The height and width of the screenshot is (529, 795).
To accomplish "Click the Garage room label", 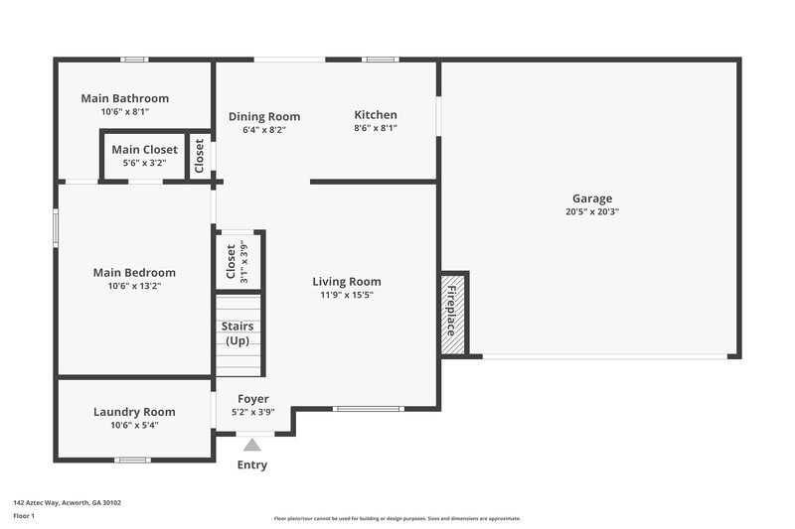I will pyautogui.click(x=591, y=198).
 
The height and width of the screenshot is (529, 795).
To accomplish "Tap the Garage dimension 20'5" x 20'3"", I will pyautogui.click(x=591, y=211).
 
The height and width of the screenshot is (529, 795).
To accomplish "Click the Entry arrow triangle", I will pyautogui.click(x=252, y=445).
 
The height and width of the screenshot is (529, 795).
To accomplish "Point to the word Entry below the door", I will pyautogui.click(x=252, y=464).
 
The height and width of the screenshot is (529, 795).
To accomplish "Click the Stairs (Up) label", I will pyautogui.click(x=238, y=333).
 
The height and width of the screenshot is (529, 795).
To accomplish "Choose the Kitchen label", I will pyautogui.click(x=376, y=115).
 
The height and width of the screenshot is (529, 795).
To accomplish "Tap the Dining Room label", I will pyautogui.click(x=264, y=116).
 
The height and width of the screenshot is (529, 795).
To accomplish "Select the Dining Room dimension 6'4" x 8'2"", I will pyautogui.click(x=264, y=129).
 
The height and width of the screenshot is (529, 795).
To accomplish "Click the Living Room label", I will pyautogui.click(x=347, y=281).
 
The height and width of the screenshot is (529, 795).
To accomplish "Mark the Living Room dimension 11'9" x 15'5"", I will pyautogui.click(x=347, y=295).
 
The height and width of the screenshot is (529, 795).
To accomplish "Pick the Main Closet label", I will pyautogui.click(x=144, y=150).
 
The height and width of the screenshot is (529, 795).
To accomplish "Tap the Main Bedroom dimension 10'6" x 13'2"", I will pyautogui.click(x=134, y=286).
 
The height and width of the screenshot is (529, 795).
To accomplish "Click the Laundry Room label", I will pyautogui.click(x=134, y=412).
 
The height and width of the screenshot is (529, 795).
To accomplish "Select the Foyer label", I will pyautogui.click(x=252, y=399).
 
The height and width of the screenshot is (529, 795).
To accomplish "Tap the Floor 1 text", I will pyautogui.click(x=23, y=517).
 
